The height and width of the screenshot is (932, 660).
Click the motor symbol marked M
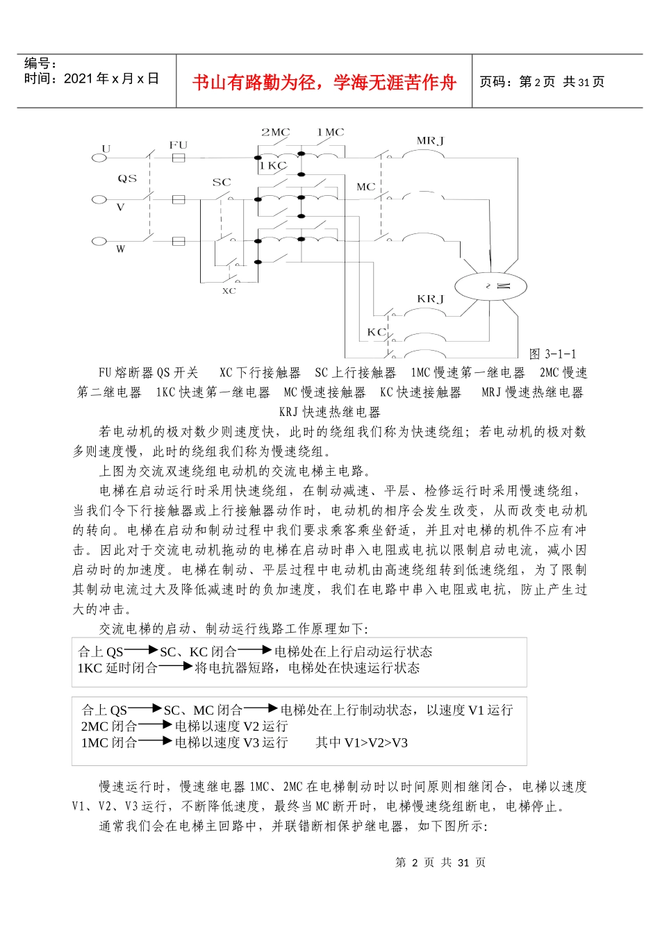[491, 286]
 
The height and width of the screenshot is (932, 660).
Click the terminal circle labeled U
[99, 158]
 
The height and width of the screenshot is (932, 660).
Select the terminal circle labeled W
[99, 242]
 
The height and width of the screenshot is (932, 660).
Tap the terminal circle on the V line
[99, 200]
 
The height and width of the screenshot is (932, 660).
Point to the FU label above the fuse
[179, 144]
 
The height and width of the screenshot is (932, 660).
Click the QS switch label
[127, 178]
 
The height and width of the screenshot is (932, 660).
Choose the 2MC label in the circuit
[275, 132]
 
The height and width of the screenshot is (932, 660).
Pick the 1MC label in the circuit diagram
[330, 132]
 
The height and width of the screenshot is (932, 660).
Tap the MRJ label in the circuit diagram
[430, 141]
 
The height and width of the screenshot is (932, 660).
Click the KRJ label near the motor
[430, 299]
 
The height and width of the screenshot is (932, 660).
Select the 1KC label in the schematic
[273, 166]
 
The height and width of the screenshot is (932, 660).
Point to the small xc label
[229, 291]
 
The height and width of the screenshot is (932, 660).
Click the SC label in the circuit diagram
[222, 183]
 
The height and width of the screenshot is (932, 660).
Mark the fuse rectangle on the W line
[179, 242]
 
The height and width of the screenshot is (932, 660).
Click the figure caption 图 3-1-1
[552, 354]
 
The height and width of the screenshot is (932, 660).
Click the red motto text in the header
[324, 83]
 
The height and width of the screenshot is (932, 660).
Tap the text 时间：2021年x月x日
[92, 79]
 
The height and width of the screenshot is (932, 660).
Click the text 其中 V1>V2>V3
[361, 742]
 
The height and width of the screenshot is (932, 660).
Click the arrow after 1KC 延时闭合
[176, 667]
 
